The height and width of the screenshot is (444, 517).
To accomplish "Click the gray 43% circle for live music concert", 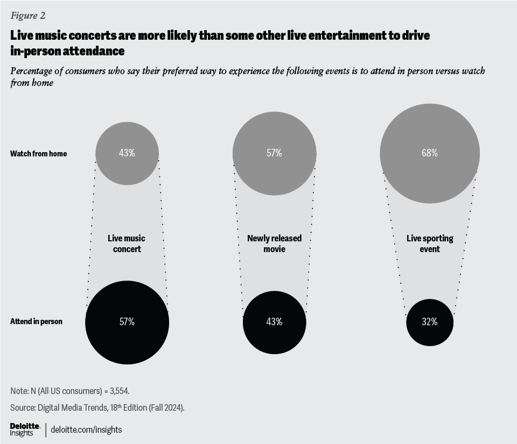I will [x=127, y=153].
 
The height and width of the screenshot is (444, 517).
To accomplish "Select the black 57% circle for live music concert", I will [x=127, y=322].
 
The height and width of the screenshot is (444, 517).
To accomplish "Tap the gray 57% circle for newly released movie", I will [x=274, y=153].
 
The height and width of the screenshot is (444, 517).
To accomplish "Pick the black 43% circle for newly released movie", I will [x=274, y=322].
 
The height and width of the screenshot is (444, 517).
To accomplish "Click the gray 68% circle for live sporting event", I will [x=429, y=153].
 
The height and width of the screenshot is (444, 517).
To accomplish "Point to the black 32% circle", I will [x=429, y=322].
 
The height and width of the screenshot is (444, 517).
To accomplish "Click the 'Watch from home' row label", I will [x=38, y=154].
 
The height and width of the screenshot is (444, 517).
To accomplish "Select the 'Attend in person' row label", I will [x=36, y=321].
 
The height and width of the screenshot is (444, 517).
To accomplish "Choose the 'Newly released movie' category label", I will [x=274, y=244].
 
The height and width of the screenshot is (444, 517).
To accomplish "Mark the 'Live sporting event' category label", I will [x=429, y=244].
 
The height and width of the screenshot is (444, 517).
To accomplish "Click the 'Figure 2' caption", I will [x=27, y=15].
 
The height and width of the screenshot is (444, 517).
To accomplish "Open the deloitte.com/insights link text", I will [x=86, y=429].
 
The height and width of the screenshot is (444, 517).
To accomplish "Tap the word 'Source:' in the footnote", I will [x=22, y=407].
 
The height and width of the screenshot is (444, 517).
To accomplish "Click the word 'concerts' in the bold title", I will [x=80, y=36].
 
